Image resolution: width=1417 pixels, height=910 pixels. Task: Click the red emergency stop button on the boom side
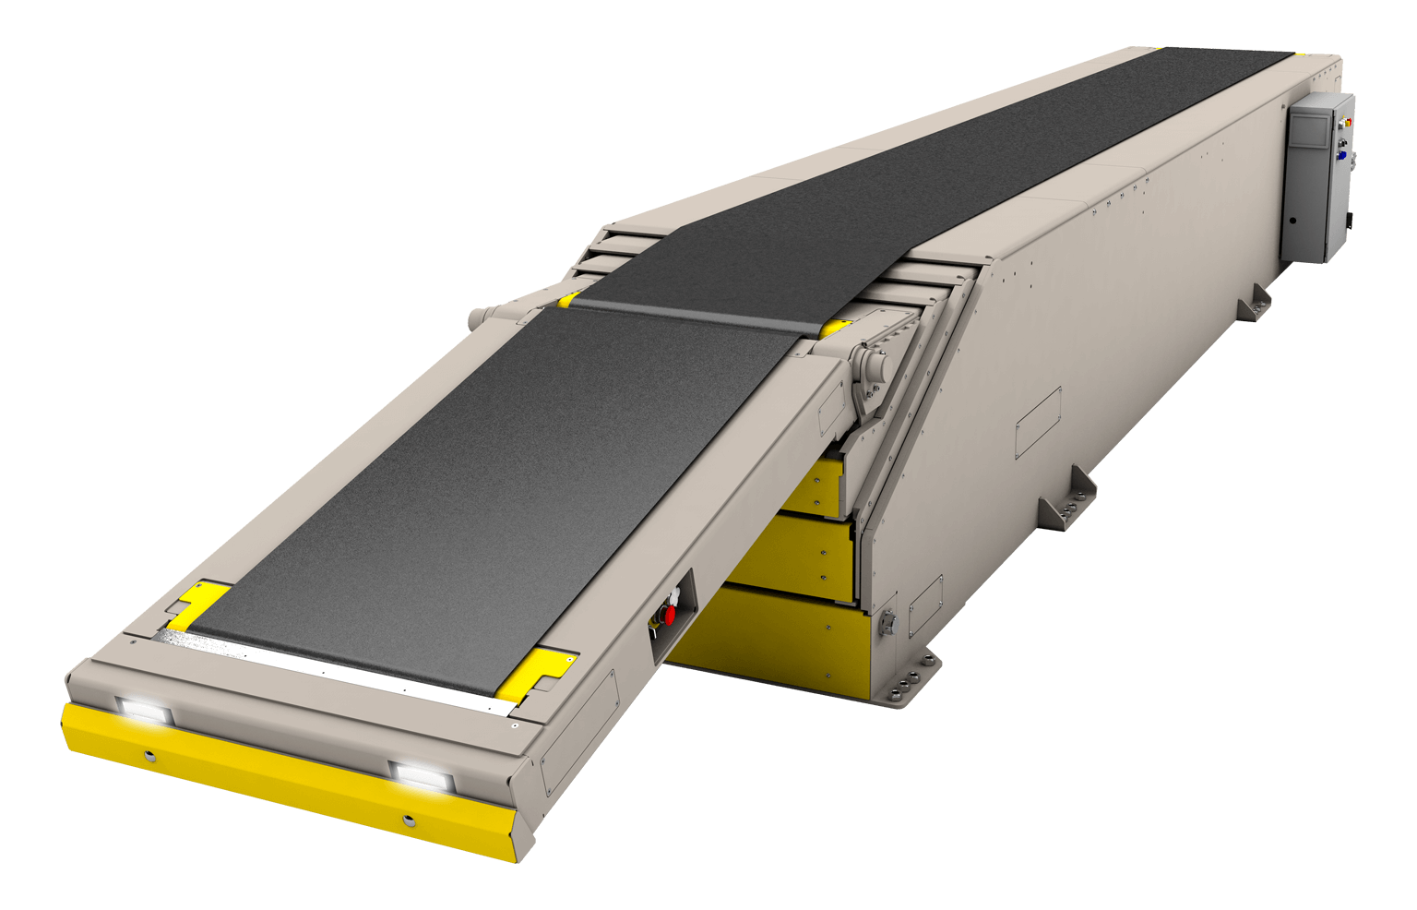point(670,614)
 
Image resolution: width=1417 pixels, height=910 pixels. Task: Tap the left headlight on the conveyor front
point(144,710)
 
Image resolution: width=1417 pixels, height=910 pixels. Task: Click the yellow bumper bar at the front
point(277,784)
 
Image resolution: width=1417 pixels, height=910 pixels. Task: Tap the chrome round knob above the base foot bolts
point(888,622)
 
